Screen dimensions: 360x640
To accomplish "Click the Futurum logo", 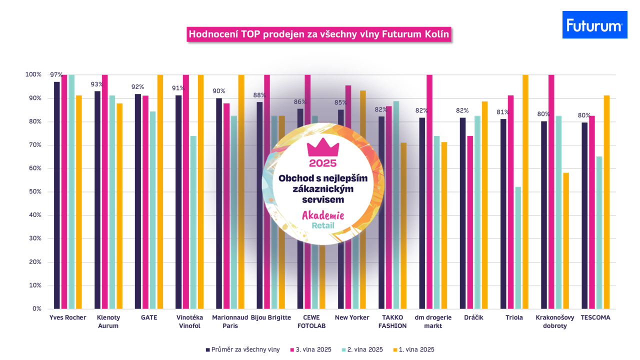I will click(594, 25).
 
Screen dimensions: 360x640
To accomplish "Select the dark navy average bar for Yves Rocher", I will click(57, 195).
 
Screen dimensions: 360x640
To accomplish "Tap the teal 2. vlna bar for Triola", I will click(518, 247).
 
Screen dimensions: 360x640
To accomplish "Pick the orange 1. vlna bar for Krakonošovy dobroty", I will click(565, 240).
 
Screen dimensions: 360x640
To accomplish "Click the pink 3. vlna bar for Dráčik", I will click(470, 222).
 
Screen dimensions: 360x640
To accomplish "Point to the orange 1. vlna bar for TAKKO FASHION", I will click(403, 225).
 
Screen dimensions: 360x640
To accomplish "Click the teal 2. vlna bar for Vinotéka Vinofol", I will click(193, 222).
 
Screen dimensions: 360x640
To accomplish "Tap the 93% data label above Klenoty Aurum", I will click(96, 84).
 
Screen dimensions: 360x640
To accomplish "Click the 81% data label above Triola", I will click(503, 112).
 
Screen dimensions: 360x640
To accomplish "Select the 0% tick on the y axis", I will click(36, 309).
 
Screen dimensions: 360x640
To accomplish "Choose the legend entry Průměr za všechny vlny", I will click(242, 350).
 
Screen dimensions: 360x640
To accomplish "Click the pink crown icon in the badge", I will click(322, 147).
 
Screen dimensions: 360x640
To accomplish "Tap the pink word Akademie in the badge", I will click(322, 216).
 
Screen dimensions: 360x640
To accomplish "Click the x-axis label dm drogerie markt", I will click(433, 321).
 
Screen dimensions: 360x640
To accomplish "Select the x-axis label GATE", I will click(149, 317).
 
